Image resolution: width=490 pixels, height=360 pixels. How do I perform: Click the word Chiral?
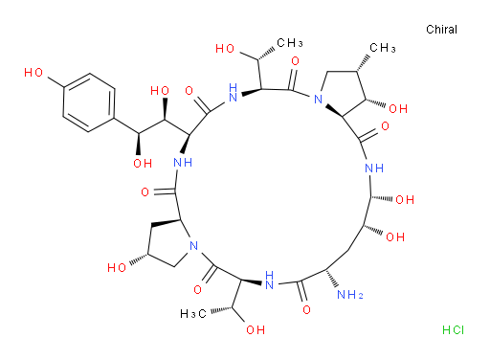441,30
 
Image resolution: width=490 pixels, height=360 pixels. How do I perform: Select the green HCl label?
453,329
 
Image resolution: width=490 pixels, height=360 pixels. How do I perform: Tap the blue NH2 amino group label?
350,295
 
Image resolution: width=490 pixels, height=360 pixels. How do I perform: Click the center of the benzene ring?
89,102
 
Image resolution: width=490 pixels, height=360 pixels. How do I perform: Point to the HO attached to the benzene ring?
33,73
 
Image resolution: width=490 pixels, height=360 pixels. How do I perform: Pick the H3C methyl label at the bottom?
193,314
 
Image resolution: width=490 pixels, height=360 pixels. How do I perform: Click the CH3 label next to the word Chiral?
383,48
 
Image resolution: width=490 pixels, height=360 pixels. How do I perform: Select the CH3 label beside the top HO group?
290,43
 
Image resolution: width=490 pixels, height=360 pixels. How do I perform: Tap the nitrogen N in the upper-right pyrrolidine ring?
318,99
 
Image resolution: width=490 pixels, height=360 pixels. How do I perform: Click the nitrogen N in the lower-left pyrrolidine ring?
193,246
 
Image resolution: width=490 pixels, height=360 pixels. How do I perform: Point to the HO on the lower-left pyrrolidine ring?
117,267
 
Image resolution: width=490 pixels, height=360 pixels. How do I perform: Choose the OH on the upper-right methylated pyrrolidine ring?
398,109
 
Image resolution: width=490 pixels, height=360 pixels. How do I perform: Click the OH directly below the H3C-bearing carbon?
256,329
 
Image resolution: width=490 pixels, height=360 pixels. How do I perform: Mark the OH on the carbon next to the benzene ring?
143,164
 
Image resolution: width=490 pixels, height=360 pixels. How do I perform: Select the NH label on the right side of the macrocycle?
374,168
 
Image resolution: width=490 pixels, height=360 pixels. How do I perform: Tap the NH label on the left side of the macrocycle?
183,163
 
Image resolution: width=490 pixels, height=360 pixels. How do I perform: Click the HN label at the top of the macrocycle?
234,92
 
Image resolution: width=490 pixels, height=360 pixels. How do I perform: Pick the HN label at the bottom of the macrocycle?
270,280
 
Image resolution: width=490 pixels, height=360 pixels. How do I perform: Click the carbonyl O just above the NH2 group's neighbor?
306,309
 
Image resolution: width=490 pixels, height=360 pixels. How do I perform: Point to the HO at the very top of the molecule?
225,49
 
